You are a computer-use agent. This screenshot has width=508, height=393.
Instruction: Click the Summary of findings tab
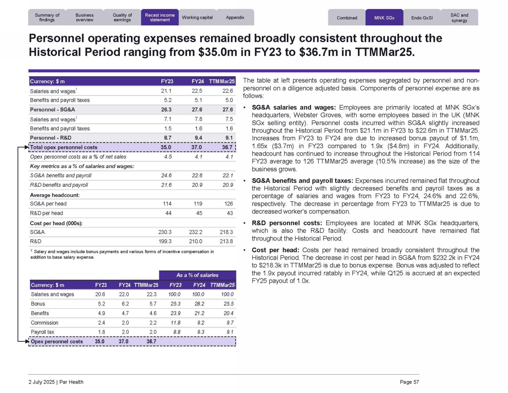click(47, 18)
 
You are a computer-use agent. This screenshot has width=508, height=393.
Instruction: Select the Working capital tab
click(197, 18)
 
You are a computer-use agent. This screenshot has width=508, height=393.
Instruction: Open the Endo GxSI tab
click(422, 18)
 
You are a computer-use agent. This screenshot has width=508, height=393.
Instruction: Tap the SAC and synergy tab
click(459, 18)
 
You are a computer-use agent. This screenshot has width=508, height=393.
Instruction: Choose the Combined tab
click(347, 18)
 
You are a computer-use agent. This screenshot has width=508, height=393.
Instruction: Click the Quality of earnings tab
click(122, 18)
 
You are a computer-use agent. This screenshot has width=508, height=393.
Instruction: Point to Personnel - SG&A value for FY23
click(166, 110)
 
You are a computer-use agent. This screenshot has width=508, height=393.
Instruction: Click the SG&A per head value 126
click(229, 204)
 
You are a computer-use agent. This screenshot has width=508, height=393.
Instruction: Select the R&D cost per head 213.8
click(226, 242)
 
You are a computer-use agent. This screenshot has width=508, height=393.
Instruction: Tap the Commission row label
click(45, 323)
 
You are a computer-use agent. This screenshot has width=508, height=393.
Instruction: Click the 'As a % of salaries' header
click(197, 275)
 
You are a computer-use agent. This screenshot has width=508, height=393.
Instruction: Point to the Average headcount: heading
click(55, 195)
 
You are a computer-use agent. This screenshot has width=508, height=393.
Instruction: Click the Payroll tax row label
click(43, 332)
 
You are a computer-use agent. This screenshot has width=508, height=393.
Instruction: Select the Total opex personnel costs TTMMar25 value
click(227, 147)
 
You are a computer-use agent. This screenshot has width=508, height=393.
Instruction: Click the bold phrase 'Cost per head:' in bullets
click(275, 250)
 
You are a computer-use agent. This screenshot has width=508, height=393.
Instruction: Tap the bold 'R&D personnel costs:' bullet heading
click(287, 223)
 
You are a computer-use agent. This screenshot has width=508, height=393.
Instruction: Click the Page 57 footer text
click(409, 382)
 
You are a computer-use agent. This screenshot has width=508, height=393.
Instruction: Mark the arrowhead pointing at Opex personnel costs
click(27, 341)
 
